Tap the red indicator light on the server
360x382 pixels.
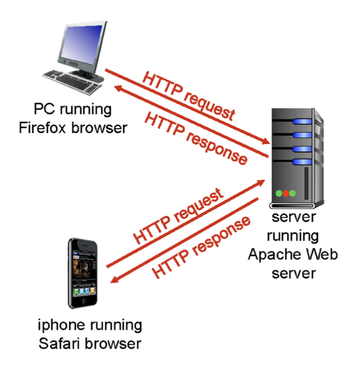286,193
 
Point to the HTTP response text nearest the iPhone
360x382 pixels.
202,246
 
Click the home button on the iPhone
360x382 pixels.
85,301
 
